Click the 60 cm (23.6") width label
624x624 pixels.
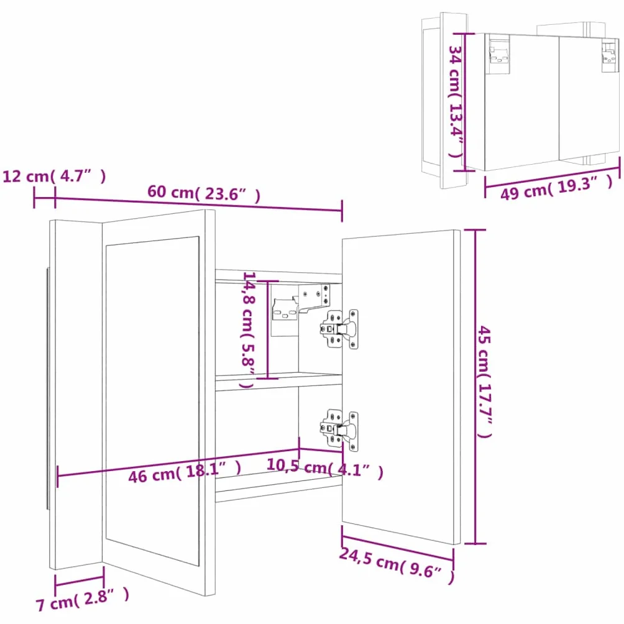[204, 193]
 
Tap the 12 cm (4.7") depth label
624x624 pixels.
[54, 175]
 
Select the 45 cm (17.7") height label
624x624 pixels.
[485, 382]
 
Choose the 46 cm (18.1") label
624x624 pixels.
[185, 472]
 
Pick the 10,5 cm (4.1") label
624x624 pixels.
[324, 468]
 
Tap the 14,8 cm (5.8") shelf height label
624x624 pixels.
[249, 329]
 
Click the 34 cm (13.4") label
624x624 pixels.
[456, 101]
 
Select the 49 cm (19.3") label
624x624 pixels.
[556, 187]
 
